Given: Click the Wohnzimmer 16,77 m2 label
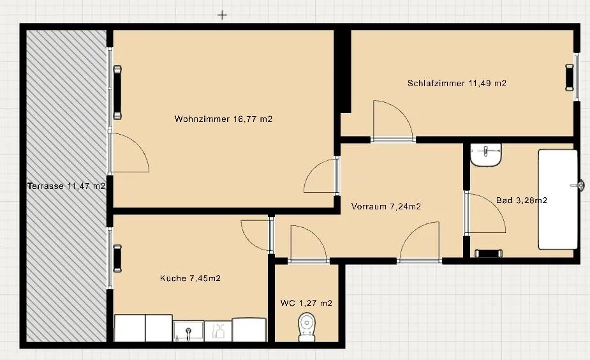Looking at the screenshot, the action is pos(223,119).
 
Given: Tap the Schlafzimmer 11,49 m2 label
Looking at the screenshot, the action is pos(457,83).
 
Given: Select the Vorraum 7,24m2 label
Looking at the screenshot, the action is pos(386,206).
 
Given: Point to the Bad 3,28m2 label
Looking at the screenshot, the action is pos(522,200).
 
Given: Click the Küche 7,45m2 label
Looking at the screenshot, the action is pos(191,278).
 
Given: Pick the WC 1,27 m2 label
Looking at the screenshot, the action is pos(306,303).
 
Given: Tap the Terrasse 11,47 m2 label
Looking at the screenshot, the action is pos(66,186).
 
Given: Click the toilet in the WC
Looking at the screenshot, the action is pos(307,327).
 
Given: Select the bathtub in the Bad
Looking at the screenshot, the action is pos(558,200).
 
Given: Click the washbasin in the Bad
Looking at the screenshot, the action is pos(486,154).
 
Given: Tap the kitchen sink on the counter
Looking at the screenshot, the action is pos(189,331).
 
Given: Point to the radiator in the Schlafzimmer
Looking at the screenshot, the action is pos(570,78).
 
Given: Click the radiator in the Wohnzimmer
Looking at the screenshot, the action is pos(117,93).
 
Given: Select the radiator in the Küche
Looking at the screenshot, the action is pos(117,259).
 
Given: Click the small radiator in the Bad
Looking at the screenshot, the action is pos(489,253).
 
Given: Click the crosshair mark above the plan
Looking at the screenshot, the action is pos(223,15).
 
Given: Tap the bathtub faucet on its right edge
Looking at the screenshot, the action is pos(577,185).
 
